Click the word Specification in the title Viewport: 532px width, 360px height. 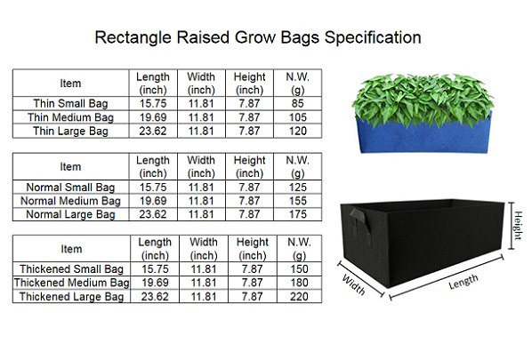373,37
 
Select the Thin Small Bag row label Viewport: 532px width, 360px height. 70,103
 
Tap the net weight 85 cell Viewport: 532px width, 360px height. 297,103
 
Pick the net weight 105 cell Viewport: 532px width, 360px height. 297,117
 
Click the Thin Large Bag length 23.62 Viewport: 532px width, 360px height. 153,131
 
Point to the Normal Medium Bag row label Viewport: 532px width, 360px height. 70,201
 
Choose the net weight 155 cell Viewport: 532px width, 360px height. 297,201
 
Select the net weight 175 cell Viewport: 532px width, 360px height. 297,214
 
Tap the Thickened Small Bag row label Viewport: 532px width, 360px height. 71,268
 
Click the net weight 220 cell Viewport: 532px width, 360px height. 299,297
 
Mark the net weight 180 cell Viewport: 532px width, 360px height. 299,283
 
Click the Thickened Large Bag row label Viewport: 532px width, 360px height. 71,297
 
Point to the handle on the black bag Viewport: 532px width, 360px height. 359,223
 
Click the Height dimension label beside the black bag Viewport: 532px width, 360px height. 518,225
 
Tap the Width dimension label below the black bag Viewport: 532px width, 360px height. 354,284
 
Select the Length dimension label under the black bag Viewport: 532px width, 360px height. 463,282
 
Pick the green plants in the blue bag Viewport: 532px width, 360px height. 422,99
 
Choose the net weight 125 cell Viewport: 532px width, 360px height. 297,188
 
